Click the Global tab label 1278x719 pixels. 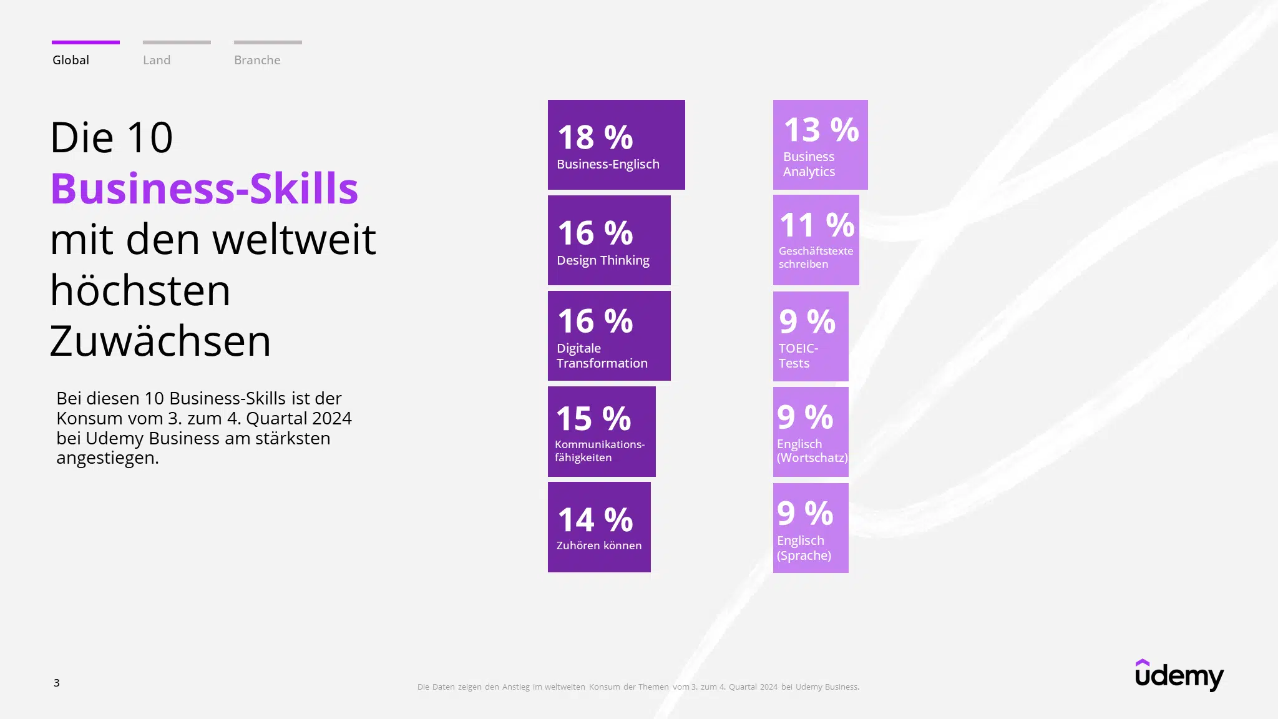pyautogui.click(x=71, y=60)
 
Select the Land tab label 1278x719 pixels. pyautogui.click(x=157, y=60)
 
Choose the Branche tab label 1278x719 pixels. pyautogui.click(x=257, y=60)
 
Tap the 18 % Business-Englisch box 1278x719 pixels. pyautogui.click(x=616, y=145)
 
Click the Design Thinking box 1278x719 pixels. pyautogui.click(x=609, y=240)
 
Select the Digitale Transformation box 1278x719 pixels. pyautogui.click(x=609, y=336)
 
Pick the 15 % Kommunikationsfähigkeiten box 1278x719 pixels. pyautogui.click(x=602, y=431)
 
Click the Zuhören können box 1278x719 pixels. pyautogui.click(x=599, y=527)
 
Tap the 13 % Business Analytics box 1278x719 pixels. pyautogui.click(x=820, y=145)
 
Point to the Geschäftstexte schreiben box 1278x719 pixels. pyautogui.click(x=816, y=240)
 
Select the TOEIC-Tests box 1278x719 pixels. pyautogui.click(x=811, y=336)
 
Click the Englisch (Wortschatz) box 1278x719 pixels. pyautogui.click(x=811, y=432)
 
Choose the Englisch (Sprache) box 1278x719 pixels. pyautogui.click(x=811, y=528)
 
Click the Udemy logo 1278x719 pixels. pyautogui.click(x=1179, y=675)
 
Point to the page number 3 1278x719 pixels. pyautogui.click(x=57, y=683)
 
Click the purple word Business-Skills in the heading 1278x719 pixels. pyautogui.click(x=204, y=188)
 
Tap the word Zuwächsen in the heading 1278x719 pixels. pyautogui.click(x=160, y=341)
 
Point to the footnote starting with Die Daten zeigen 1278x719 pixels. pyautogui.click(x=638, y=687)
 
